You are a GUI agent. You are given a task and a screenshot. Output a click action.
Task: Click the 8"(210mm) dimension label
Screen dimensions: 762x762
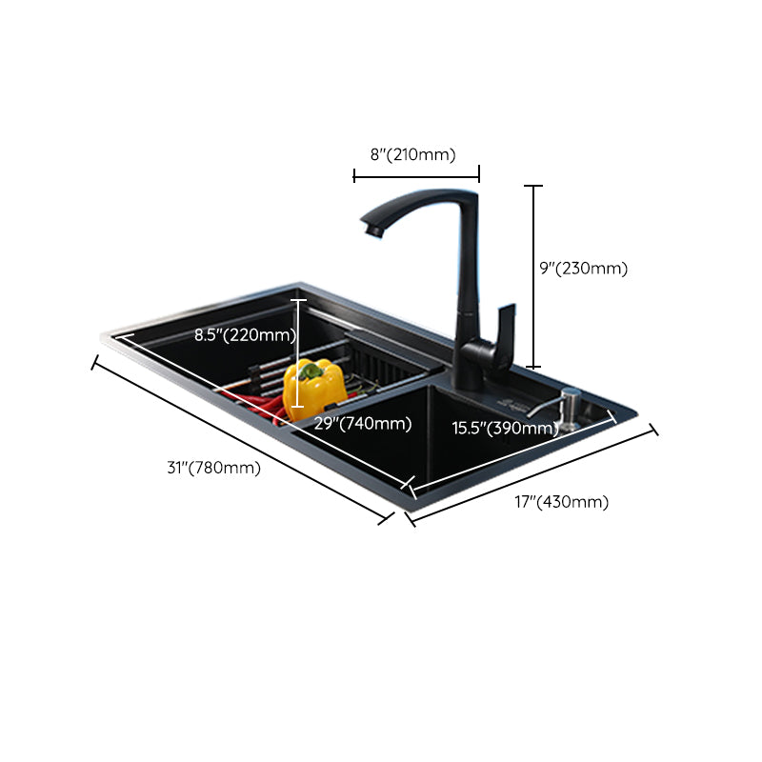[x=412, y=154]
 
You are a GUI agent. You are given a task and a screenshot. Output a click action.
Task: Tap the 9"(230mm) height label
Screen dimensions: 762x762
[x=583, y=269]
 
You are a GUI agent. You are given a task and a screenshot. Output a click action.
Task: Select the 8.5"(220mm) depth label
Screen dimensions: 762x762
[x=244, y=335]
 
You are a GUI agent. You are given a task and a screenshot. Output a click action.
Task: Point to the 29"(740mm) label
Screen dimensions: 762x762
[x=363, y=424]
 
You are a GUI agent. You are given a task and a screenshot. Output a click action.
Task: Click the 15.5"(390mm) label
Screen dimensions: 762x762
[x=504, y=429]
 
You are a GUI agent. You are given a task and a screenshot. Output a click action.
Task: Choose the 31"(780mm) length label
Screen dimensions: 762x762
[x=213, y=467]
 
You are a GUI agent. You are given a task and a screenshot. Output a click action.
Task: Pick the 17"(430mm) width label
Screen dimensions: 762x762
[x=561, y=502]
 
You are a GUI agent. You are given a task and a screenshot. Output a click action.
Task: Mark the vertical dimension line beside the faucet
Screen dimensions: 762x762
[x=533, y=276]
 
